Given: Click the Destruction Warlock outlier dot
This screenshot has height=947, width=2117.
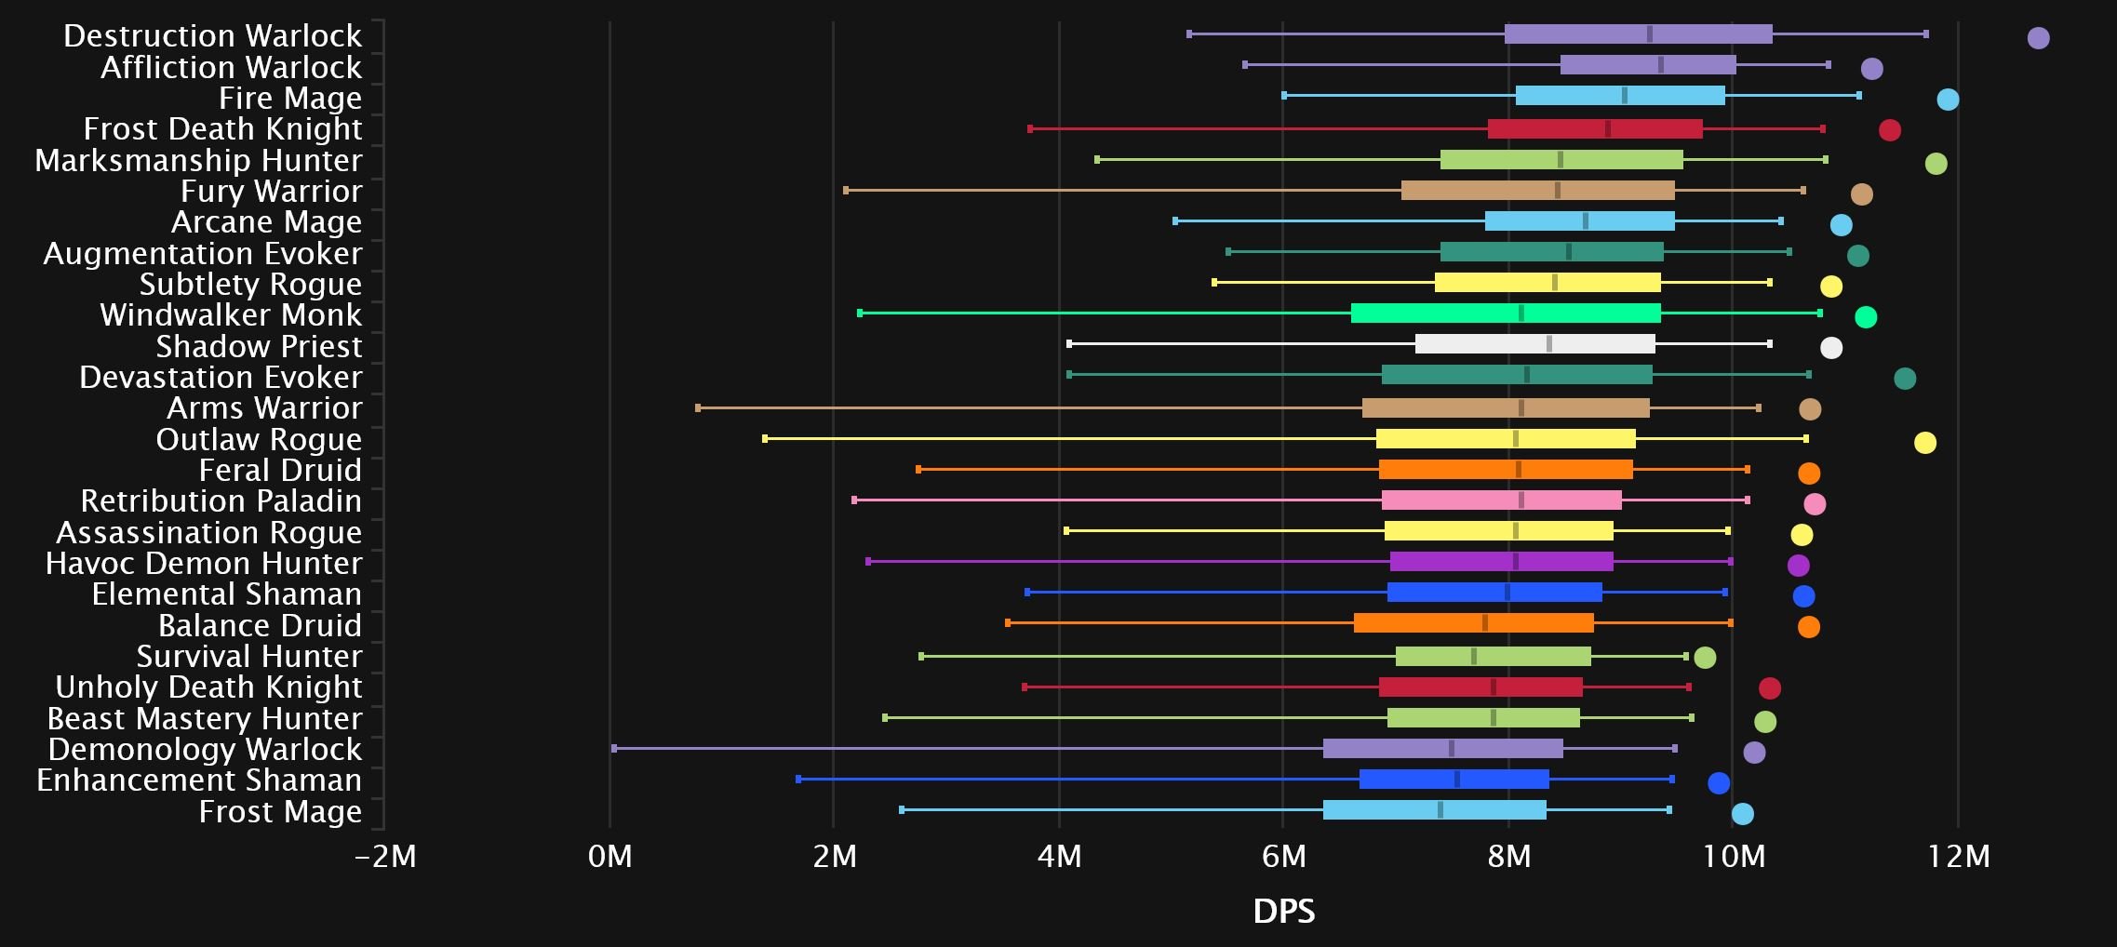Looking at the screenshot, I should pos(2038,38).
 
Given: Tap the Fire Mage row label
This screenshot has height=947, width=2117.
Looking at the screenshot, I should pos(289,98).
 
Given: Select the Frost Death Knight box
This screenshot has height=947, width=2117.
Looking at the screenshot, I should pos(1595,128).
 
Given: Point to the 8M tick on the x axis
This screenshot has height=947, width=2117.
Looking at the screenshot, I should pos(1508,855).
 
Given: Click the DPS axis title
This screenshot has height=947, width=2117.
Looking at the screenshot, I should pos(1284,911).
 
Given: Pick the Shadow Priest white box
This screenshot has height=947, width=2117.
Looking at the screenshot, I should pos(1534,344).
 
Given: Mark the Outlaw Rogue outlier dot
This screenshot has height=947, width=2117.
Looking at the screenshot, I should pos(1924,443).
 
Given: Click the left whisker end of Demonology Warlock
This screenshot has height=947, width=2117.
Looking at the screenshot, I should pos(614,748).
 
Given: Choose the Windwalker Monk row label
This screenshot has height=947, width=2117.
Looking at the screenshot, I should pos(230,314).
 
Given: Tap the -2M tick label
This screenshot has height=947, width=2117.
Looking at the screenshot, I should pos(385,855).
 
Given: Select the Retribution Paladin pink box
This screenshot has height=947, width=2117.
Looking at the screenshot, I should pos(1501,500).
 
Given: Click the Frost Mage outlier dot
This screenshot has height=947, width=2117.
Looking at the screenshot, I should pos(1742,814).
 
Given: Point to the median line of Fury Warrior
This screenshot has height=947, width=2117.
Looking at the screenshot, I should pos(1557,191).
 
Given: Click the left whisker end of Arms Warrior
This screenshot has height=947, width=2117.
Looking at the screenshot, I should pos(698,407).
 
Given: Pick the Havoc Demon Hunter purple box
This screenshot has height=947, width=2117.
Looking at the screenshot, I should pos(1501,562).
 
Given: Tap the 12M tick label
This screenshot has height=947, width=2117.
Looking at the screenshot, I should pos(1958,855).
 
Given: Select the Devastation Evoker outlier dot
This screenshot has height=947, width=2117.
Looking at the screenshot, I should pos(1904,379).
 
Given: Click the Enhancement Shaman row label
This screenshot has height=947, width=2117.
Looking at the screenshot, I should pos(198,780).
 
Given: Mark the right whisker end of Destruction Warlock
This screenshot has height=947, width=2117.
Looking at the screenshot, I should pos(1925,34).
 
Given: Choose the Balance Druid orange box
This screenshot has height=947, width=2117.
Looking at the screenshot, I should pos(1473,623).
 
